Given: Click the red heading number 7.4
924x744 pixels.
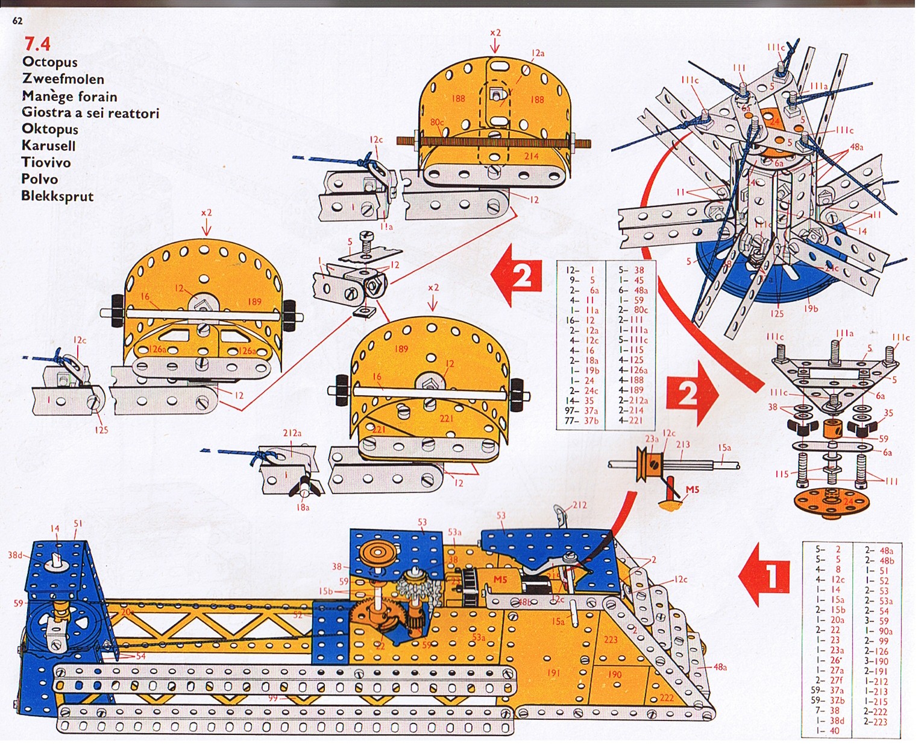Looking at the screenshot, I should click(x=37, y=43).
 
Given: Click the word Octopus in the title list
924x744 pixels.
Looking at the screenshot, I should click(x=49, y=62).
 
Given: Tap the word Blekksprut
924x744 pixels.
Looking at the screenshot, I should click(x=57, y=196).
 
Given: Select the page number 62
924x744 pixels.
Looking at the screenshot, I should click(x=17, y=21).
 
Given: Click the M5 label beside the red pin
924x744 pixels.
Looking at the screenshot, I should click(x=692, y=489).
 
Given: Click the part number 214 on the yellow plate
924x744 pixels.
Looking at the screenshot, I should click(x=530, y=156).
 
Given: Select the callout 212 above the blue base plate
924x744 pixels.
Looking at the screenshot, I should click(x=579, y=505).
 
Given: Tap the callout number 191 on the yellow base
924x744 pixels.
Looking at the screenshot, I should click(x=553, y=672).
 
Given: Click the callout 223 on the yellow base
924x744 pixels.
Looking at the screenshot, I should click(x=611, y=640).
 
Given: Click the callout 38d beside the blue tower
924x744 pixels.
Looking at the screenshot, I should click(x=15, y=555).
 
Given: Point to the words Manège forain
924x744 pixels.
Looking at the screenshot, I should click(x=69, y=96).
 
